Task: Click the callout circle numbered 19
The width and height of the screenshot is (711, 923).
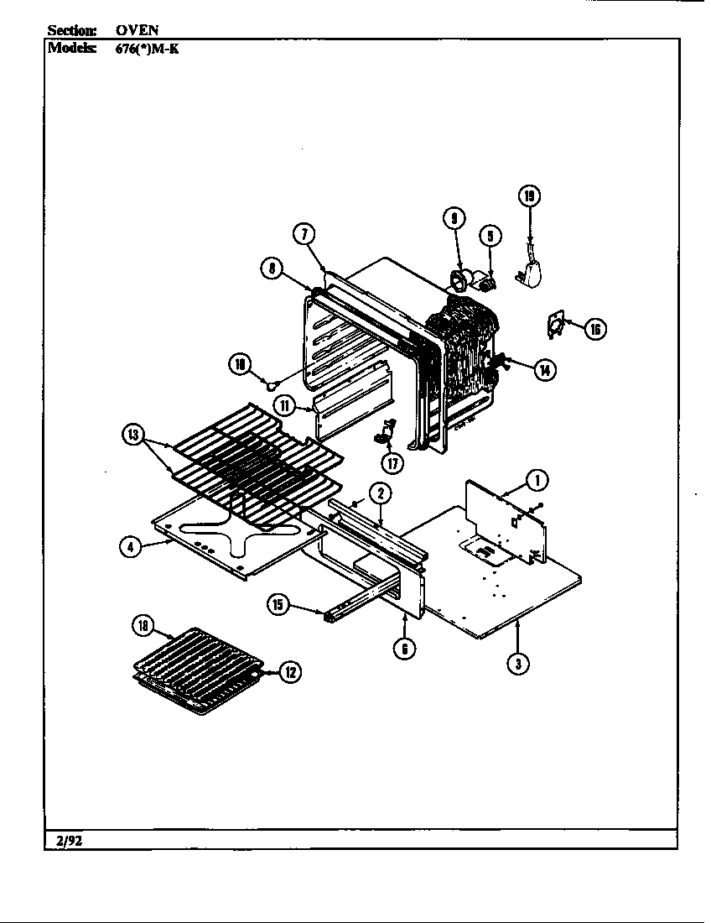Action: click(528, 197)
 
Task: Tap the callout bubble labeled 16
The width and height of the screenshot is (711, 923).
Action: click(595, 328)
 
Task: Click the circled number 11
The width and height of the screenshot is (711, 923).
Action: click(286, 405)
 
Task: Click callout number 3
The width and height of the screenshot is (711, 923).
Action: click(519, 664)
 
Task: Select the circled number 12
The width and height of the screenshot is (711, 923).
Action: click(290, 672)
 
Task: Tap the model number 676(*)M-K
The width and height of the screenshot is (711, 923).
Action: click(147, 48)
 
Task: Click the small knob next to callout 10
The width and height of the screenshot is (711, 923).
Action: click(271, 383)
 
